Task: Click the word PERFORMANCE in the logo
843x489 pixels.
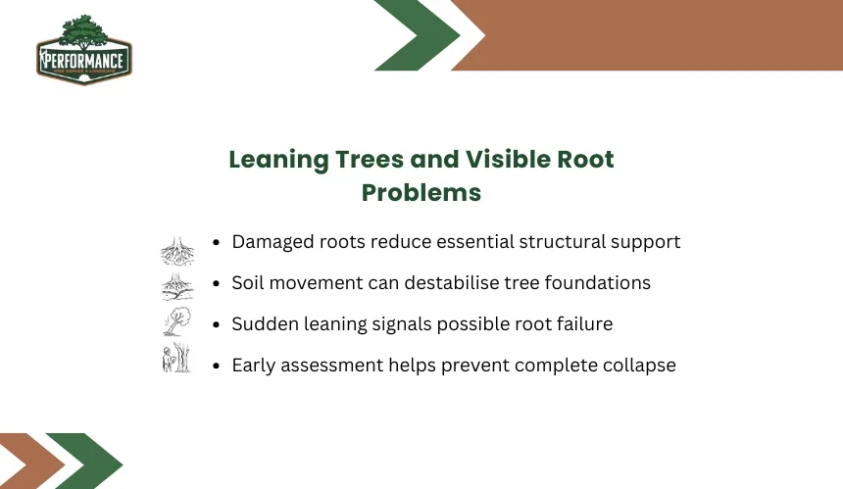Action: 84,60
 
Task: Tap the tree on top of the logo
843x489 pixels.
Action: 83,31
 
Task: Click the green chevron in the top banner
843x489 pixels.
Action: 418,35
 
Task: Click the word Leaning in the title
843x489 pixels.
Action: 278,160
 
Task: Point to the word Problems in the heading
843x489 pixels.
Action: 421,192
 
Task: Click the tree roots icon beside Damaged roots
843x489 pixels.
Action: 177,250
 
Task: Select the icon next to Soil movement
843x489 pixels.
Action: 177,286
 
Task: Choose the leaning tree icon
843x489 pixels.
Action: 177,321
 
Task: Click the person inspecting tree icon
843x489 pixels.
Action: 176,358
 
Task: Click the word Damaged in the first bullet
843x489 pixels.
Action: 273,242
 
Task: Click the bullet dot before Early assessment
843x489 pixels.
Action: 216,366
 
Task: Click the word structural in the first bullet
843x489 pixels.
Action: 562,242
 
